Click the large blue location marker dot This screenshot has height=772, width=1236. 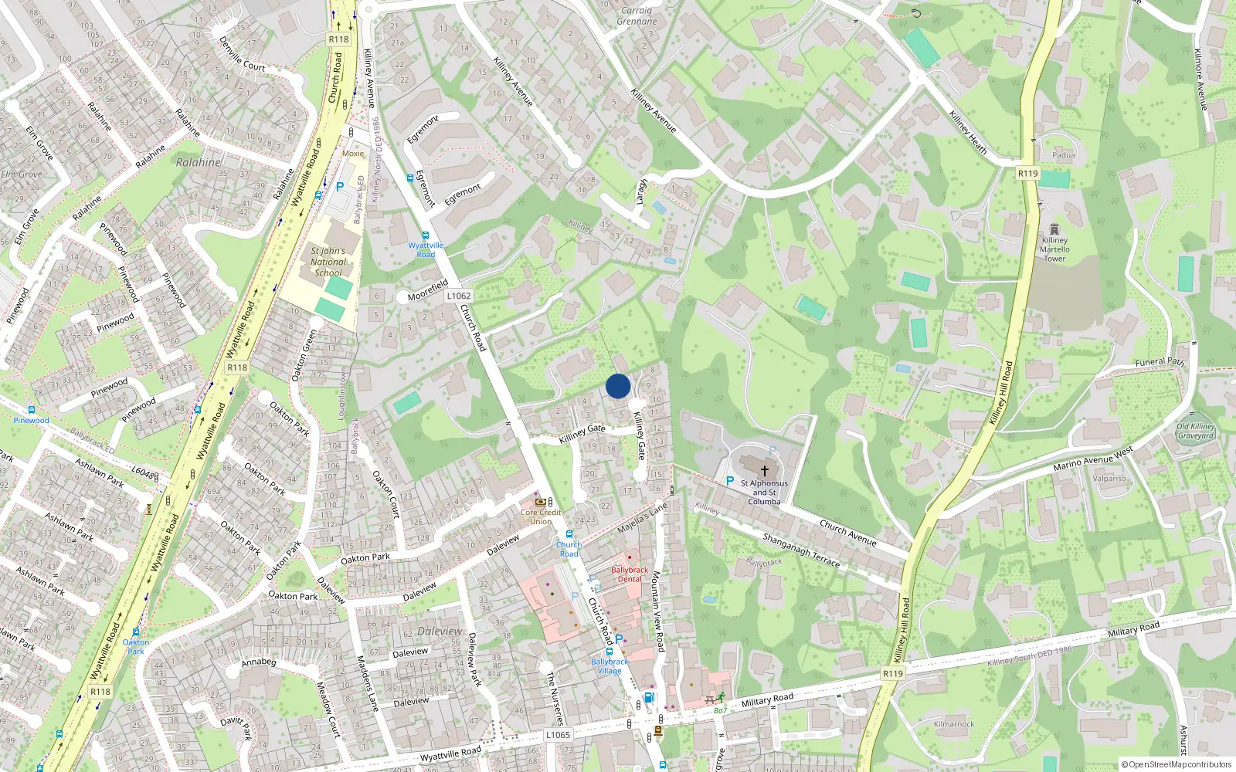pos(618,386)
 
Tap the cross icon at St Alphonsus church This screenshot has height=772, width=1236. pos(765,470)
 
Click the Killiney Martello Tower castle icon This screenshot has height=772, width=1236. pos(1054,229)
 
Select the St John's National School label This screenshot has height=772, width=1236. pos(328,262)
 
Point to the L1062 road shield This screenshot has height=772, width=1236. pos(458,296)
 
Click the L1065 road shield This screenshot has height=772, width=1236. pos(558,735)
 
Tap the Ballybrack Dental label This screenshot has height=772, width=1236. pos(630,574)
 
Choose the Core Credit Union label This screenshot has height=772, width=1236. pos(541,516)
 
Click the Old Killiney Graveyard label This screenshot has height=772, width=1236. pos(1196,431)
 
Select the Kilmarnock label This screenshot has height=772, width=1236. pos(954,724)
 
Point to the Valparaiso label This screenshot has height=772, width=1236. pos(1109,479)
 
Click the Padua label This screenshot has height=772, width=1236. pos(1064,155)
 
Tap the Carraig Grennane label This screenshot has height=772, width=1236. pos(637,16)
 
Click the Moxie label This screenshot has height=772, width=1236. pos(353,154)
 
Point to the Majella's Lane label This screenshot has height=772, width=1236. pos(642,519)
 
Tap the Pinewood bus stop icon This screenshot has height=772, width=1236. pos(31,410)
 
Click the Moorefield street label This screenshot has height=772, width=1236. pos(428,290)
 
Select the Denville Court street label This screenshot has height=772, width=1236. pos(242,54)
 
